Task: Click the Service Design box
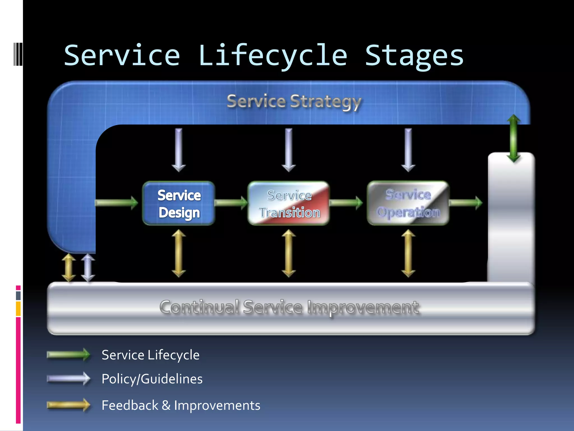pos(179,203)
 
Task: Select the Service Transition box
pos(289,203)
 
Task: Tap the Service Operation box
pos(408,203)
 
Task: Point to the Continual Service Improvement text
pos(289,307)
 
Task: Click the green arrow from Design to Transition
pos(231,203)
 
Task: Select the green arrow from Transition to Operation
pos(346,203)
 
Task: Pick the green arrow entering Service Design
pos(116,203)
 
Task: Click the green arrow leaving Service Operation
pos(465,203)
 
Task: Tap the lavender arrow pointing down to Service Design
pos(179,150)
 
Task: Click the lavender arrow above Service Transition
pos(289,150)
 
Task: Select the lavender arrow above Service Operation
pos(408,150)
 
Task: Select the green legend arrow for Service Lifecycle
pos(68,355)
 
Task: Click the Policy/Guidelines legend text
pos(152,379)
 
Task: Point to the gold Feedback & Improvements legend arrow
pos(68,405)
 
